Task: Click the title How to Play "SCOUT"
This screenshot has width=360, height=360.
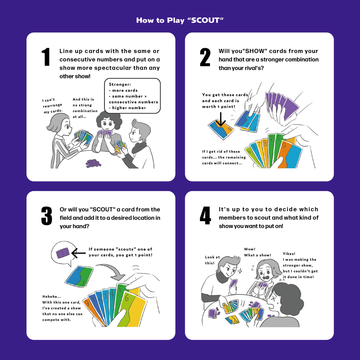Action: (x=180, y=20)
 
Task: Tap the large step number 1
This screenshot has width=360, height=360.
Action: (x=46, y=57)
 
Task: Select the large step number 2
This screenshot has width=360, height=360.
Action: (x=205, y=57)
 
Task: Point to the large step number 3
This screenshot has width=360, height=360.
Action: (x=47, y=216)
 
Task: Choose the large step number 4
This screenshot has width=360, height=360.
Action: (x=205, y=216)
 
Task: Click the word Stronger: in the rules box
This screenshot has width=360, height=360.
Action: (x=120, y=84)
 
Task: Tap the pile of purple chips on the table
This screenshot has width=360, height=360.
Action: (x=94, y=163)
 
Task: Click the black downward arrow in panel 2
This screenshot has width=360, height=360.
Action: (x=221, y=120)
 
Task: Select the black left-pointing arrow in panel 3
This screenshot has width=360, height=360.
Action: (x=78, y=253)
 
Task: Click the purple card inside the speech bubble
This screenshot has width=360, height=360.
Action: (x=63, y=253)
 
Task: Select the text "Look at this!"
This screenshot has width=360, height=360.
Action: (x=212, y=260)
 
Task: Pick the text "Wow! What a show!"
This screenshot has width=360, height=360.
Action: (x=257, y=252)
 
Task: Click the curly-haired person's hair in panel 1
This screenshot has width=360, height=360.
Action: (x=109, y=120)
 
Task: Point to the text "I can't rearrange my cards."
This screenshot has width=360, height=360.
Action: (x=52, y=105)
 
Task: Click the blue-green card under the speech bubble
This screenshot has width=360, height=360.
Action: (x=79, y=276)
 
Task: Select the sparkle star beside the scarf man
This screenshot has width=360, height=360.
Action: (x=240, y=271)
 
